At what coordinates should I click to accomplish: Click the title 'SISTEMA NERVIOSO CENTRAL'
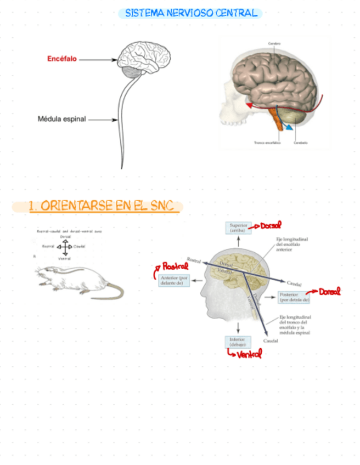[190, 13]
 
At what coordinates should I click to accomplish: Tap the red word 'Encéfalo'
[61, 59]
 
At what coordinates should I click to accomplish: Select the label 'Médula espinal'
[61, 118]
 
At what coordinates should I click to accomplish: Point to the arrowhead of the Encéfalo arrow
[114, 60]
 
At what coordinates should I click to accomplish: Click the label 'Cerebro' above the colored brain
[274, 43]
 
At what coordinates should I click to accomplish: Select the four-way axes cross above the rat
[64, 247]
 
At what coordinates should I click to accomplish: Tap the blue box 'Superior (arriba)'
[238, 228]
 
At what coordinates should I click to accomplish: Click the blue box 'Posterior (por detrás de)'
[295, 297]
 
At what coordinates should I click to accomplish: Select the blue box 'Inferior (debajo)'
[238, 342]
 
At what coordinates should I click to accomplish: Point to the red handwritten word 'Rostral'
[175, 266]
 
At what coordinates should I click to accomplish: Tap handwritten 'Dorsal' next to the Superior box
[271, 225]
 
